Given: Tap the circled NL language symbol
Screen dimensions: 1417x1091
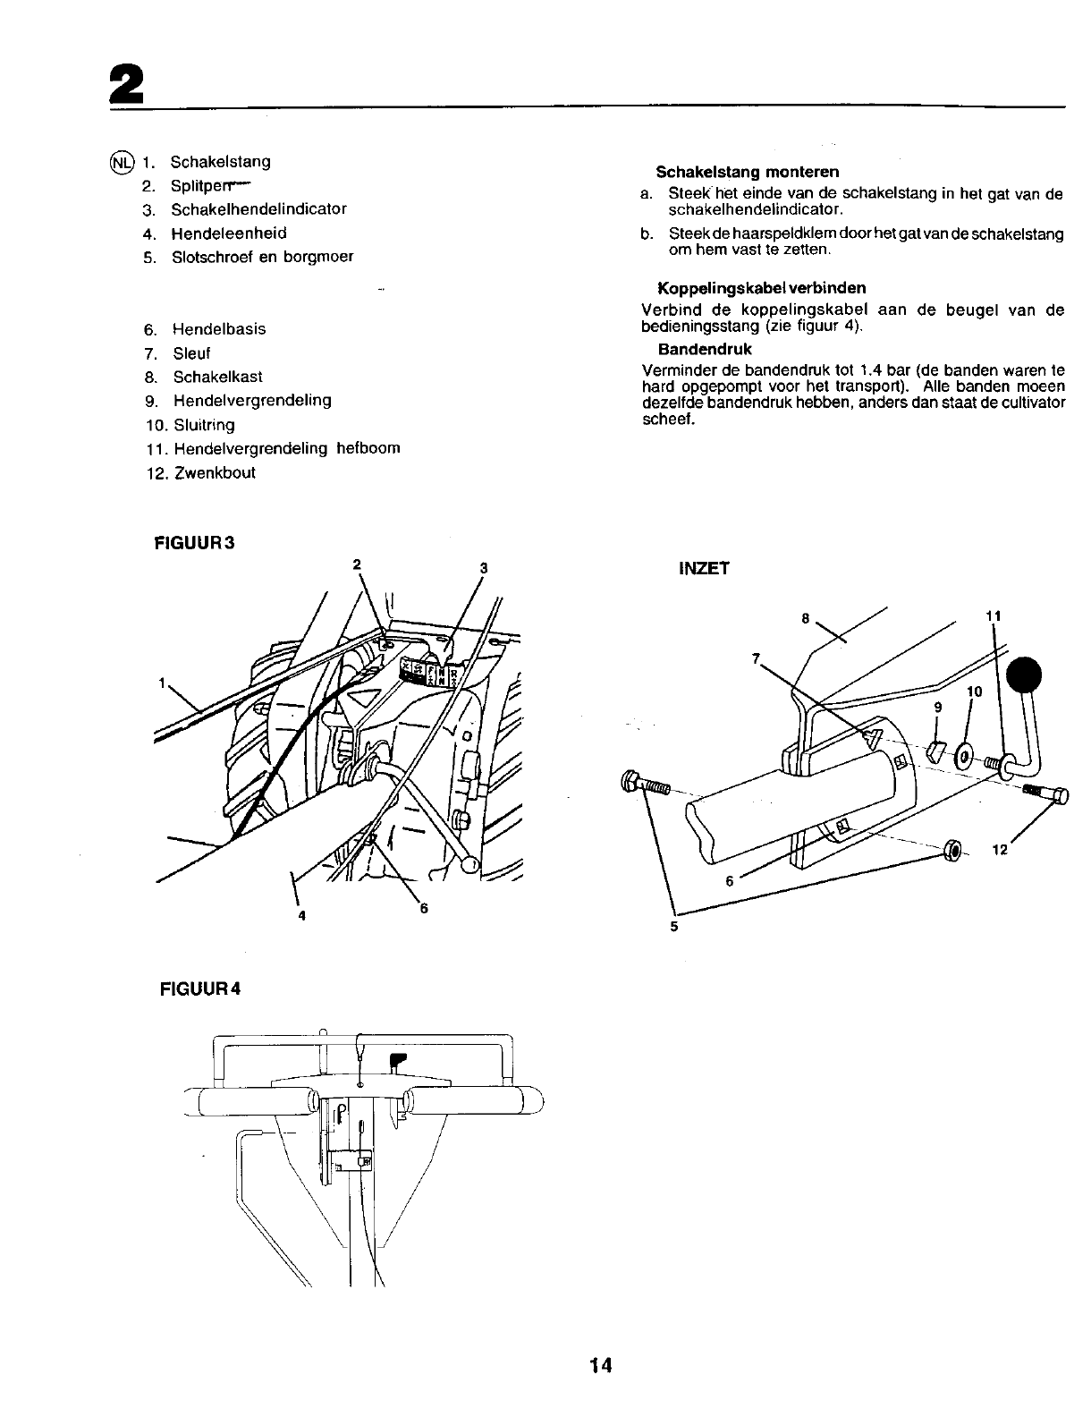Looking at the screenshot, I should [x=121, y=162].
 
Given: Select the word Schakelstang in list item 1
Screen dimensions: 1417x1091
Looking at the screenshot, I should [x=220, y=162].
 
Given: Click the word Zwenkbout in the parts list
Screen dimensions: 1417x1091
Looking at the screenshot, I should [x=215, y=472].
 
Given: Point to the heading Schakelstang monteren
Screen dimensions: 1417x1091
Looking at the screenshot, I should [x=748, y=172].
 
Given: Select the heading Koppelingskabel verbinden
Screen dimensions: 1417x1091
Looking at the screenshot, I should [x=761, y=288].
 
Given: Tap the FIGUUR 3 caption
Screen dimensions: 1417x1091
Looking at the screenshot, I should [x=194, y=542].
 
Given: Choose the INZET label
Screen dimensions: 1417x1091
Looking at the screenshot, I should [x=705, y=568].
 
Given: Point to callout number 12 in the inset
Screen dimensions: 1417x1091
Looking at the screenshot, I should [x=1000, y=850].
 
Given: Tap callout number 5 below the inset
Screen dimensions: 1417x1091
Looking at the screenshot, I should [x=674, y=927].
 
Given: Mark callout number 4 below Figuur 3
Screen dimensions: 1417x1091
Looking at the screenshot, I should [x=302, y=915].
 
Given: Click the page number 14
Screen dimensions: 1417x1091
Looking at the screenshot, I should [x=599, y=1365].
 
